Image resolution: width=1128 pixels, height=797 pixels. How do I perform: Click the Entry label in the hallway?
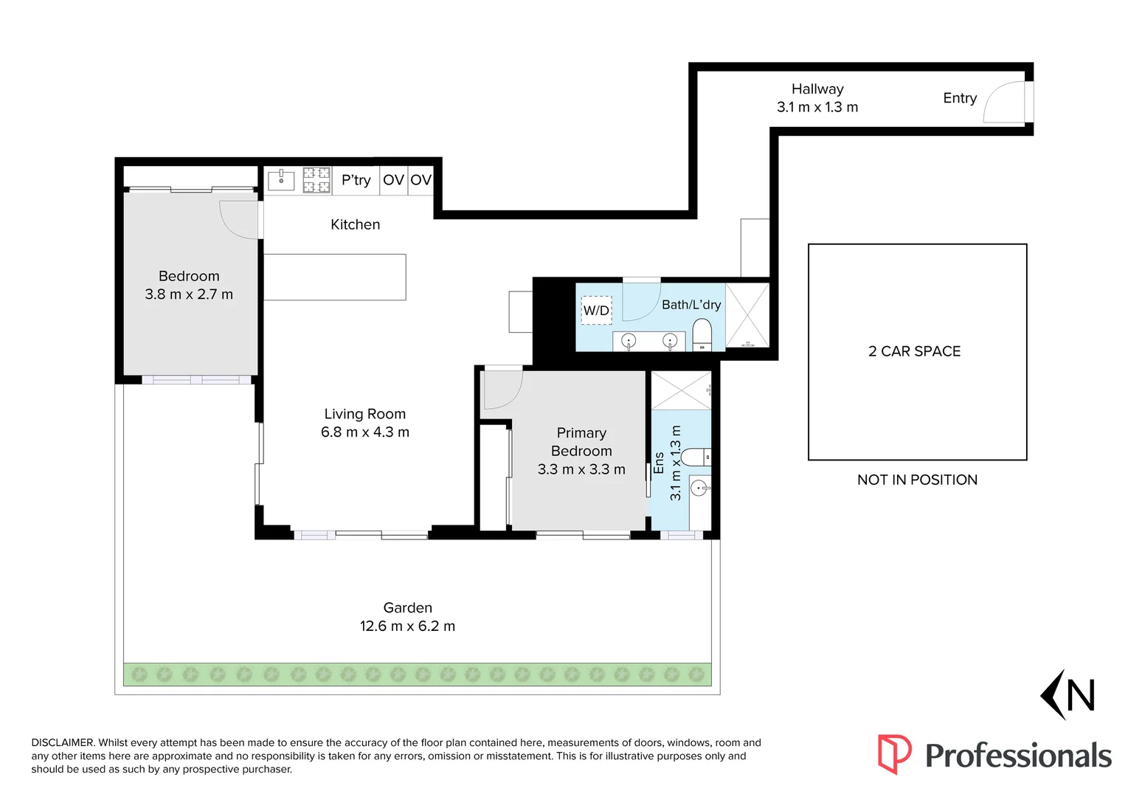959,98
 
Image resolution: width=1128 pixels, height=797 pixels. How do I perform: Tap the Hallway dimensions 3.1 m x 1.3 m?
817,108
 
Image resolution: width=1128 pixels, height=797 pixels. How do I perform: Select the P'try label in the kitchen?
356,180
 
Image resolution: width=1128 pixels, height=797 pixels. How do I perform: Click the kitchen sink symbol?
281,179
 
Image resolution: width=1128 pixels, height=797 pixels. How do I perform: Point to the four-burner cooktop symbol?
316,180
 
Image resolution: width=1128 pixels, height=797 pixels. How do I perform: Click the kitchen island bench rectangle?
335,277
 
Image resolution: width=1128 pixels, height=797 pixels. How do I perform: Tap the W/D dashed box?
596,311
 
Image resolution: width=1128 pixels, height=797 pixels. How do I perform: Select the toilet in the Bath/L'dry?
702,334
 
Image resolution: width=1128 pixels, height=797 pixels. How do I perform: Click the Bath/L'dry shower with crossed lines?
747,315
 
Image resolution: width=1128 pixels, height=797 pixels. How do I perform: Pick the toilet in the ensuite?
695,458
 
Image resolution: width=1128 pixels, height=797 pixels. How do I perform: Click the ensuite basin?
699,488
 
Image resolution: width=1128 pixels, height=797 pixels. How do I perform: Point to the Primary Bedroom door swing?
502,389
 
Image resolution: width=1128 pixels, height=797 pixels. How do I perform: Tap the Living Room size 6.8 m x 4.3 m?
365,432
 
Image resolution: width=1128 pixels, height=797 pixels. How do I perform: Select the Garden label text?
407,608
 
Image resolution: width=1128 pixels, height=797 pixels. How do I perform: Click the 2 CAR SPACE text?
914,351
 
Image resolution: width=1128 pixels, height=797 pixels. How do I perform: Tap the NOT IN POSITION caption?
917,480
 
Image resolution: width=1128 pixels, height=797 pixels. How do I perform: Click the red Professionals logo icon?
894,753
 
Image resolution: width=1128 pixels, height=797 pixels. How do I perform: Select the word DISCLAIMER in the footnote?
63,743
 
